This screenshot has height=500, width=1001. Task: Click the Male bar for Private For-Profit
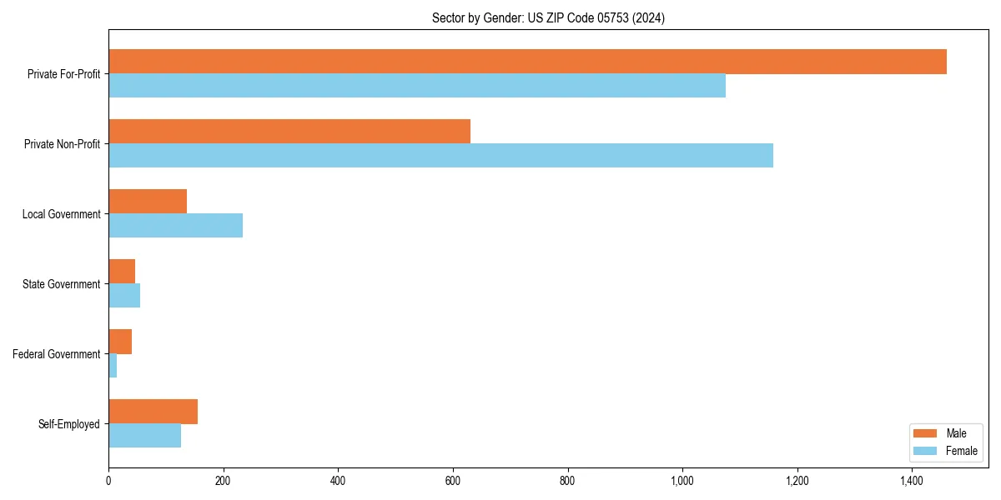tap(527, 62)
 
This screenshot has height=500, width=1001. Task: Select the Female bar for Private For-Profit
tap(417, 86)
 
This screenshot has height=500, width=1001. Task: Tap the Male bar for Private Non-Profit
tap(289, 132)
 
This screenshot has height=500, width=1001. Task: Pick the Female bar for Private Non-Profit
tap(440, 156)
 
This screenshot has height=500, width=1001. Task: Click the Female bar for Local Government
tap(175, 226)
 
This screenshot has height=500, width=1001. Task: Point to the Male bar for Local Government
tap(148, 202)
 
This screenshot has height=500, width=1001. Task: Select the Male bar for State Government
tap(122, 272)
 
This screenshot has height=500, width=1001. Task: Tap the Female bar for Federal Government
tap(113, 366)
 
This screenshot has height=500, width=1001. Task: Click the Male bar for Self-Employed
tap(153, 412)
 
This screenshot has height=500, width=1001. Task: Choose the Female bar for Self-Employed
tap(144, 436)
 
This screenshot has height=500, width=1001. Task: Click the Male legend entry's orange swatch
tap(926, 433)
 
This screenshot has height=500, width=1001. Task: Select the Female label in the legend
tap(961, 451)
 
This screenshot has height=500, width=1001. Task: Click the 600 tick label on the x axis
tap(453, 481)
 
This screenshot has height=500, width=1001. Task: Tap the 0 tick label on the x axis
tap(108, 481)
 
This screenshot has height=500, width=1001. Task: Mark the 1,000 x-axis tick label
tap(682, 481)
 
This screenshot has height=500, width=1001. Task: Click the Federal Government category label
tap(57, 354)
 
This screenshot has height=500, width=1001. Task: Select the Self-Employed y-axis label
tap(69, 424)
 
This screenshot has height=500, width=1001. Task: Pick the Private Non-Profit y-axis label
tap(63, 144)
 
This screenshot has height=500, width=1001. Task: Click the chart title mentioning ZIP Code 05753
tap(548, 18)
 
